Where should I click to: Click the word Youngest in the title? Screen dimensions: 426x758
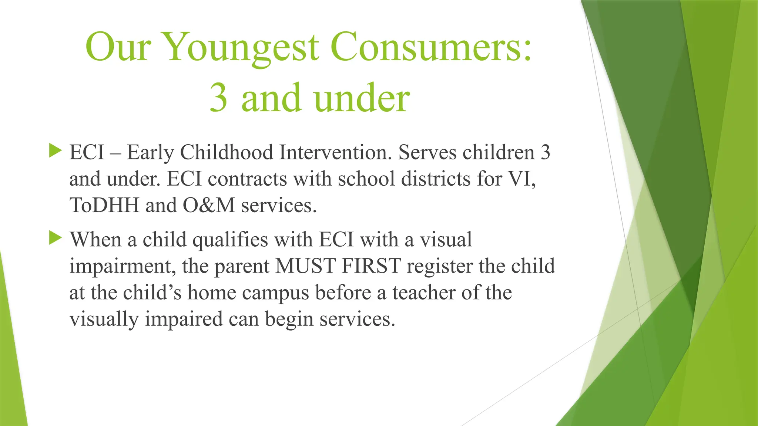(241, 48)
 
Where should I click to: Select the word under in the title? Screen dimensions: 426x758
(362, 98)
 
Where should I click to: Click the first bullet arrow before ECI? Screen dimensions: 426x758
(55, 151)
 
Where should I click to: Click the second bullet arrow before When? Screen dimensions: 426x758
(55, 238)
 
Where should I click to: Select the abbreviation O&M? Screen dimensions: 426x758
(209, 205)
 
